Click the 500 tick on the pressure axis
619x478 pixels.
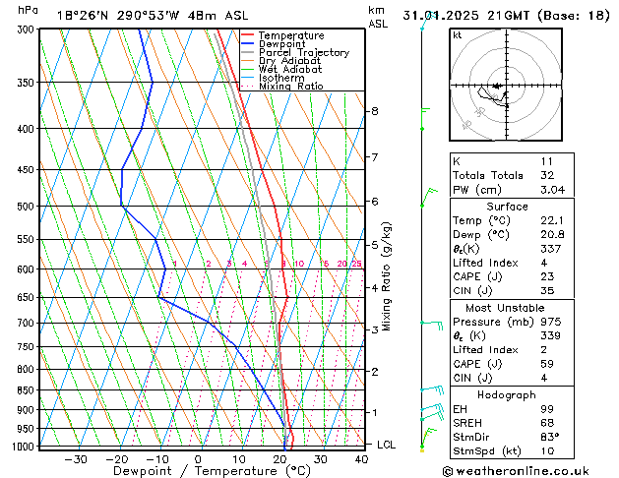[x=33, y=207]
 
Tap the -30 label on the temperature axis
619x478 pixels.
[x=76, y=458]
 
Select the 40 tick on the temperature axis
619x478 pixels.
[x=362, y=458]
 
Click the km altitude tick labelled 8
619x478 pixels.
[x=374, y=111]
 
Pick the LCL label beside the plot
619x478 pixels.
[x=387, y=445]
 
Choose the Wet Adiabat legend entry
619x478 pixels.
[x=288, y=70]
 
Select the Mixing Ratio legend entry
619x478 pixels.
[x=290, y=87]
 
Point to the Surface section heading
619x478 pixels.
[x=507, y=206]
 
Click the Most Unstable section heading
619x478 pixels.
[x=507, y=307]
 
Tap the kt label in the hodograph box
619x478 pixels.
[x=457, y=35]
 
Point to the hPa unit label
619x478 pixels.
[x=29, y=10]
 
